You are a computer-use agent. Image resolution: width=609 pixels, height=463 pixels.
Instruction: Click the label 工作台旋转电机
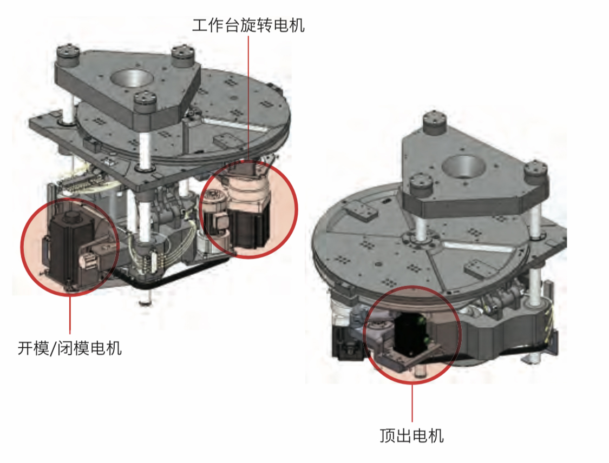248,25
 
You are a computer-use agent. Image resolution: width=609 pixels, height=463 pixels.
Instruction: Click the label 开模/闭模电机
70,348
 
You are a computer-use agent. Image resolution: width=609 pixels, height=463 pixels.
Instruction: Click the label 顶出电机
412,435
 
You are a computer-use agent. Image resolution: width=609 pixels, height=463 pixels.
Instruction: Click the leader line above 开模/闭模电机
70,314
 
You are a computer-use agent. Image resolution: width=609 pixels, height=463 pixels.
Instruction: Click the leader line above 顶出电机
412,403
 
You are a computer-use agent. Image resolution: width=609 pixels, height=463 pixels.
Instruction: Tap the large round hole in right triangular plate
464,166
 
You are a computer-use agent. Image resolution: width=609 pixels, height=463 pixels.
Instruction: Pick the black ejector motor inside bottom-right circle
410,334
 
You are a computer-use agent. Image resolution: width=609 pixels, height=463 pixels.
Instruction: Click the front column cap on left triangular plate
146,102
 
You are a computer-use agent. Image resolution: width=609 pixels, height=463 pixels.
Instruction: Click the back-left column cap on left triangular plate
68,55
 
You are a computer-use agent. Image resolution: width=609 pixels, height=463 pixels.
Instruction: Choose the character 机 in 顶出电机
436,435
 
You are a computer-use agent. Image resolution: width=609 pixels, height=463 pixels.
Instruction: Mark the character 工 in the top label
200,25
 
